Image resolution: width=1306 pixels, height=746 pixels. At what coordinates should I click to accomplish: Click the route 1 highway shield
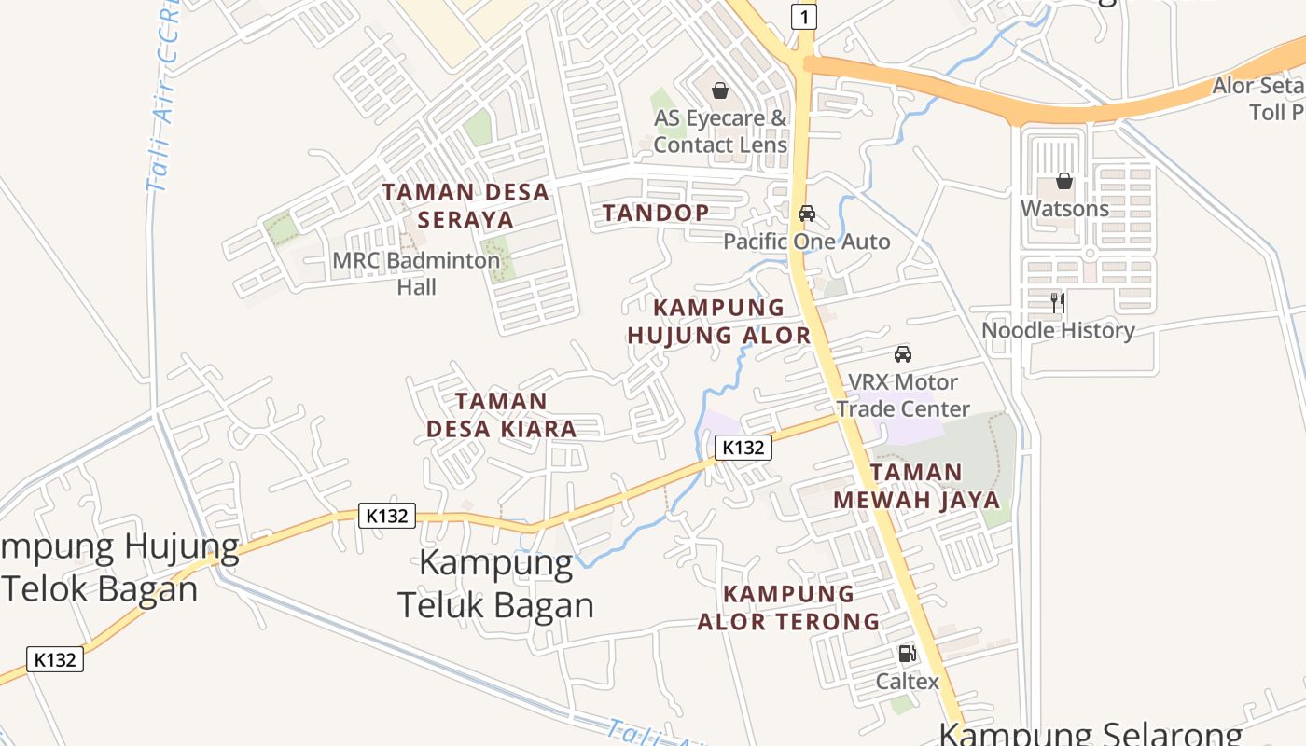(x=804, y=16)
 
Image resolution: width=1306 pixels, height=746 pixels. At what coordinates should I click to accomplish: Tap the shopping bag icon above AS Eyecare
(x=719, y=90)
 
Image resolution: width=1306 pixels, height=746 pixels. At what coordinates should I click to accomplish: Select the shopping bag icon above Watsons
(x=1064, y=181)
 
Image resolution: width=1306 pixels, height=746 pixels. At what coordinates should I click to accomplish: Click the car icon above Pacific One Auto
(x=807, y=214)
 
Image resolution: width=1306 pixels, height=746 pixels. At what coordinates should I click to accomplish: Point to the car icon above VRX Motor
(x=902, y=354)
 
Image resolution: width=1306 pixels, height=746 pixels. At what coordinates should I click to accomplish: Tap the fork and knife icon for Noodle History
(x=1058, y=302)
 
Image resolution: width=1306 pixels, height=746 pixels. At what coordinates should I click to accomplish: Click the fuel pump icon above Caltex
(x=907, y=654)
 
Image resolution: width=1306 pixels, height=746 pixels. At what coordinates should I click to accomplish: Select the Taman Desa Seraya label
(x=465, y=206)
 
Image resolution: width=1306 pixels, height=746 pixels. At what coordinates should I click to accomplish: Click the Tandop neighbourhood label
(x=655, y=213)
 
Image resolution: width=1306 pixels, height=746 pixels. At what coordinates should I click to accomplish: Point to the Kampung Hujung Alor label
(x=718, y=322)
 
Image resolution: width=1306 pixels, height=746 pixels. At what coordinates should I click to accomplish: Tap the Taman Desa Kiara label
(x=501, y=415)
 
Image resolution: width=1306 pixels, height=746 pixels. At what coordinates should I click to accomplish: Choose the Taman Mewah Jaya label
(x=916, y=486)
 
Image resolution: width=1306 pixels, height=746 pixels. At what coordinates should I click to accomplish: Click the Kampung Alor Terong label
(x=788, y=607)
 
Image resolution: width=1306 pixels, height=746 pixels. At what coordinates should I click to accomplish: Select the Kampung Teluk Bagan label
(x=496, y=584)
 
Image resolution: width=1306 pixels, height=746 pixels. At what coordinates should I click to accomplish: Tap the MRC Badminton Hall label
(x=416, y=273)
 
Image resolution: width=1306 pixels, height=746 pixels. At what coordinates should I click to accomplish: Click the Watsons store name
(x=1064, y=208)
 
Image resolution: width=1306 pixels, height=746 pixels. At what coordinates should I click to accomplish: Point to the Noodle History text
(x=1058, y=330)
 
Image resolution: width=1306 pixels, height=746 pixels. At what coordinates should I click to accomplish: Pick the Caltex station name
(x=907, y=682)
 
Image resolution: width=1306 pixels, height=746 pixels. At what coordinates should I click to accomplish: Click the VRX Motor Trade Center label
(x=902, y=395)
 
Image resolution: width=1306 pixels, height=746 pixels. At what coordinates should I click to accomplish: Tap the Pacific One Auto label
(x=807, y=242)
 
